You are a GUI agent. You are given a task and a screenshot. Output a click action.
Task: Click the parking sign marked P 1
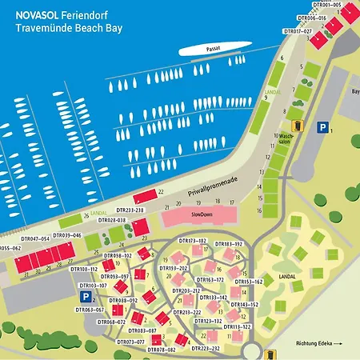click(322, 127)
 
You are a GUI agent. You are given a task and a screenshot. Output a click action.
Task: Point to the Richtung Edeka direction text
click(317, 344)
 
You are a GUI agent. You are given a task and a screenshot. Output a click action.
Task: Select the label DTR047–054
click(35, 238)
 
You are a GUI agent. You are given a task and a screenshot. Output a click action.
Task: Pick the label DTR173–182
click(192, 240)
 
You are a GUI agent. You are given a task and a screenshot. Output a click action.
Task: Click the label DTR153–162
click(248, 282)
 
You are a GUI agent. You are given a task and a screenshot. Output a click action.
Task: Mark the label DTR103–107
click(93, 285)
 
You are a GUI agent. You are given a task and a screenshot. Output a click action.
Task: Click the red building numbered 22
click(144, 195)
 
